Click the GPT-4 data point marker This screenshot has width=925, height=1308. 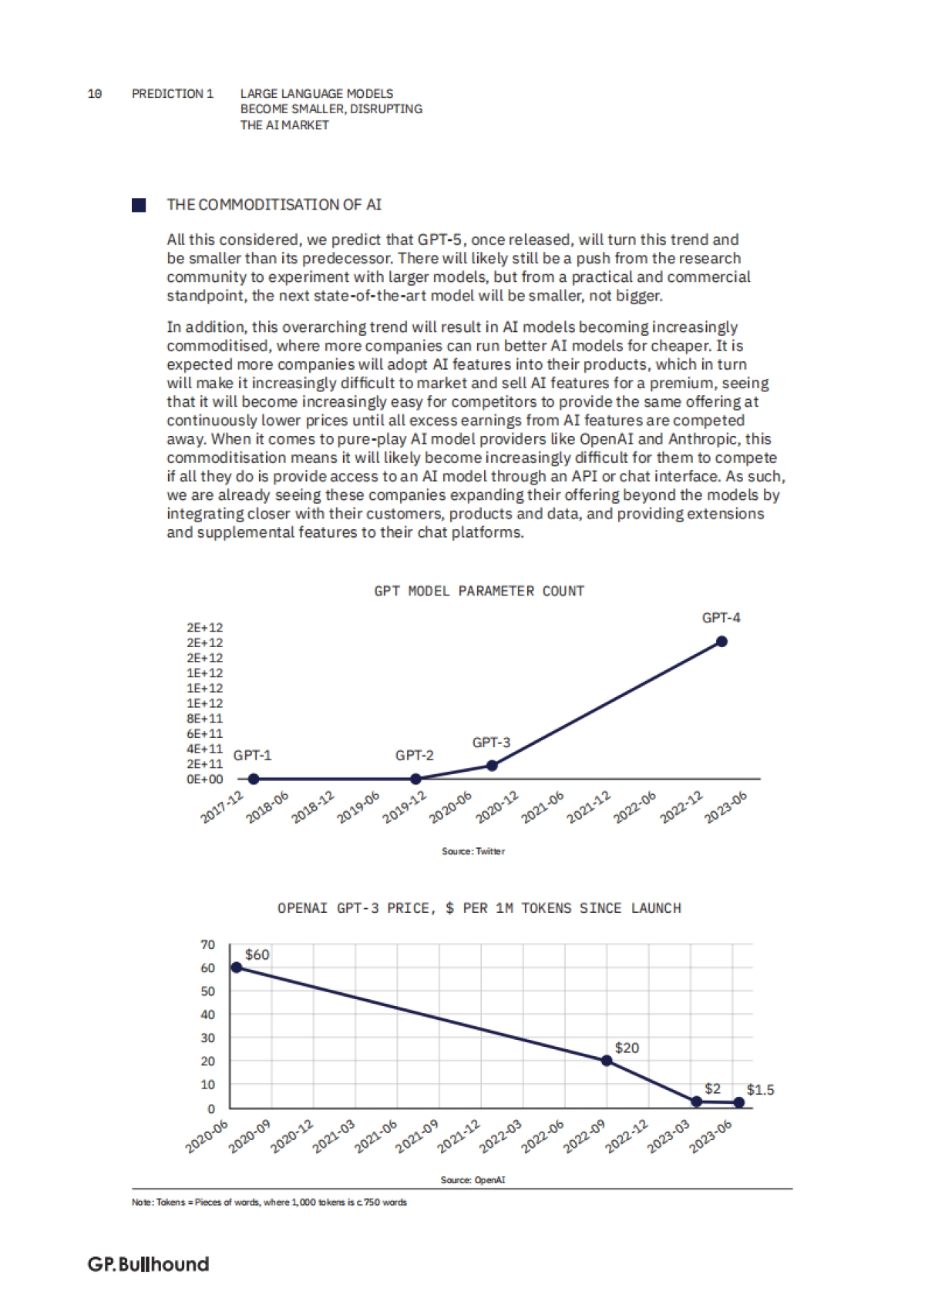click(x=721, y=641)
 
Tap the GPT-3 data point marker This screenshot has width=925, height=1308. click(x=493, y=765)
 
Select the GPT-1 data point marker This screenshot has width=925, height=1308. click(x=254, y=779)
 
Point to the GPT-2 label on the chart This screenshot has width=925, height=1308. click(x=414, y=755)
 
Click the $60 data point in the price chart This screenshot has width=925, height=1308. click(x=237, y=968)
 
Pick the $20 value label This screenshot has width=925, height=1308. click(x=627, y=1048)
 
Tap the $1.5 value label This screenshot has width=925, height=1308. click(x=760, y=1089)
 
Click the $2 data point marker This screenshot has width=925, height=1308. click(x=697, y=1102)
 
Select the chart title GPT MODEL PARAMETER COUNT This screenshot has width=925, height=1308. click(x=479, y=591)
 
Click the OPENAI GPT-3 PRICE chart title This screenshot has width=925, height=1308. click(x=479, y=908)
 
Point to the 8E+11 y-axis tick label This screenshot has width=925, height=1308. click(x=204, y=718)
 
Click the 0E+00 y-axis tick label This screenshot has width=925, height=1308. click(x=204, y=779)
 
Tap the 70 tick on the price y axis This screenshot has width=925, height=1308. click(x=208, y=944)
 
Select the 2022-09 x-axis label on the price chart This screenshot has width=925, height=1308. click(x=585, y=1136)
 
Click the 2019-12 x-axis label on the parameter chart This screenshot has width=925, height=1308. click(x=405, y=807)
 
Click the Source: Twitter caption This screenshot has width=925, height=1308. click(x=473, y=851)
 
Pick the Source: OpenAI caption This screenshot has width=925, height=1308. click(x=473, y=1179)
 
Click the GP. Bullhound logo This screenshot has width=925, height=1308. click(x=148, y=1264)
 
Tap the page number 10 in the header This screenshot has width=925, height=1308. click(x=95, y=93)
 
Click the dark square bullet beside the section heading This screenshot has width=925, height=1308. click(x=139, y=205)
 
